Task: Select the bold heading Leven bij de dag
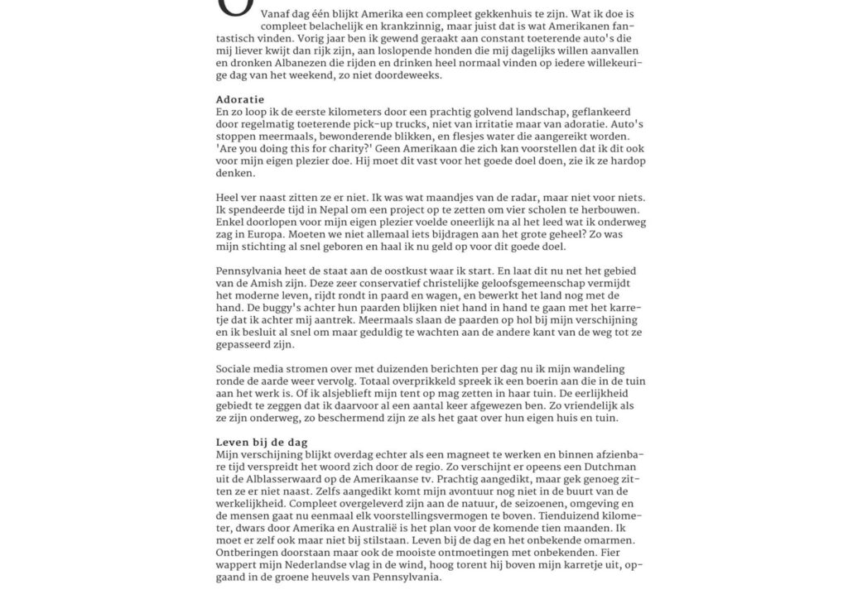pos(262,442)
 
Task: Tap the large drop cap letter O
pos(233,7)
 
